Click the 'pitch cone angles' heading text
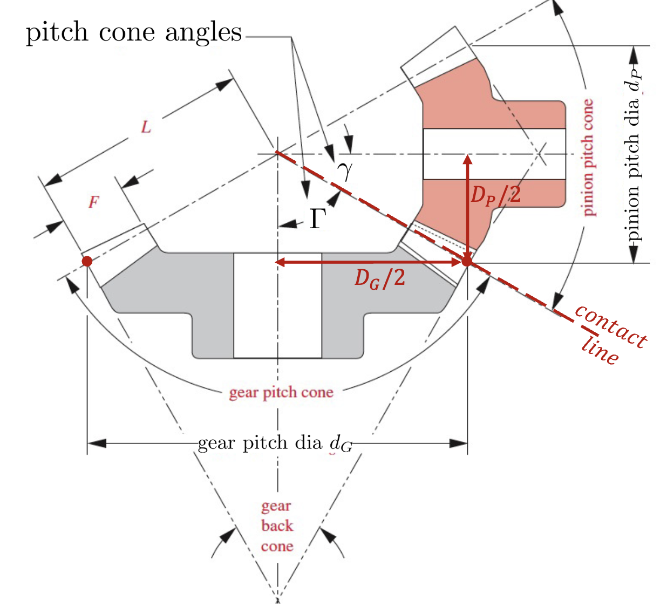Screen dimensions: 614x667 point(134,32)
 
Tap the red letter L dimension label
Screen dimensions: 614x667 point(146,128)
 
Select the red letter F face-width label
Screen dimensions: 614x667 point(94,203)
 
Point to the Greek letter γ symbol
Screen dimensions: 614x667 point(345,170)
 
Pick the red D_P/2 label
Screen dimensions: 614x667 point(495,195)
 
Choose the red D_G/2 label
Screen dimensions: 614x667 point(379,278)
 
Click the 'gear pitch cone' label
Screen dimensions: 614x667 point(281,392)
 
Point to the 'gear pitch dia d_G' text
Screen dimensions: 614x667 point(275,444)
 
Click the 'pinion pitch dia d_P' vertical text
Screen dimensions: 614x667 point(632,156)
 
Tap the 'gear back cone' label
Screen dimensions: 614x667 point(277,526)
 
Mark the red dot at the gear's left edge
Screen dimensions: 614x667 point(87,262)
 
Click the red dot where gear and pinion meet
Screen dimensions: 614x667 point(467,262)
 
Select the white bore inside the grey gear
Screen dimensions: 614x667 point(277,305)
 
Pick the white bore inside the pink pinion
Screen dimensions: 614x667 point(494,154)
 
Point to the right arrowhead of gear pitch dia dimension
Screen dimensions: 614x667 point(459,444)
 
